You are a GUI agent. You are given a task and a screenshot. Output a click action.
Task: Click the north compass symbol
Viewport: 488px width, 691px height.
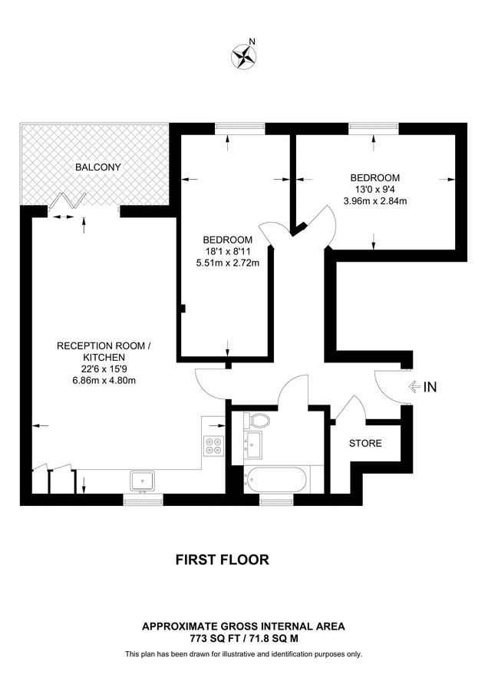[x=244, y=55]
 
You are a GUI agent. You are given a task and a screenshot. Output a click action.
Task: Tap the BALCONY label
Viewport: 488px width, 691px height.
[x=97, y=167]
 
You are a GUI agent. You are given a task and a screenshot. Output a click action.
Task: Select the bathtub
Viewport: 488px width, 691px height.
[x=276, y=481]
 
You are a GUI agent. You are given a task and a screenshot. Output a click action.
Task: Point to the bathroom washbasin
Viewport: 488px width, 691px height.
[x=253, y=441]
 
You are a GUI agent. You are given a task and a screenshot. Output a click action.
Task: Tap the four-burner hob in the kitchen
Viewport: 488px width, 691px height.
[x=213, y=446]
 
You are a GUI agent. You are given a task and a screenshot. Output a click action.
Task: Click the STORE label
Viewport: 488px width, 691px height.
[x=365, y=444]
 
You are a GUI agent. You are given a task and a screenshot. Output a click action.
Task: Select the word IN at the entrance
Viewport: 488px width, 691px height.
[x=430, y=388]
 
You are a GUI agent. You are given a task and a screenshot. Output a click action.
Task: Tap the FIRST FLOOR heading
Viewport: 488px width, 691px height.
[x=223, y=560]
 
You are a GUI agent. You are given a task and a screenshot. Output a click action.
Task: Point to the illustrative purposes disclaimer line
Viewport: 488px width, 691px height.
[x=243, y=654]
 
